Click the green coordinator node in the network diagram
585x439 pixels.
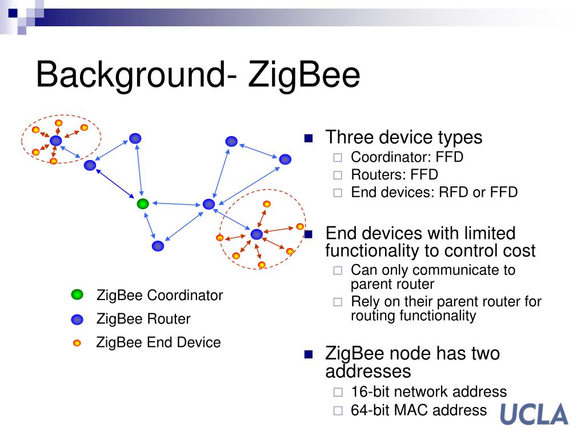click(143, 203)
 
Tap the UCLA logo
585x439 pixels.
click(534, 414)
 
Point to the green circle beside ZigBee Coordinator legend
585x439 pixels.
click(77, 295)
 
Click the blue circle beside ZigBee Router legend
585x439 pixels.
click(77, 319)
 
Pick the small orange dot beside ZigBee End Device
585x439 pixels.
click(77, 343)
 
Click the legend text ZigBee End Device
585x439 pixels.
click(158, 342)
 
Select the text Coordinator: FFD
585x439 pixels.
click(407, 157)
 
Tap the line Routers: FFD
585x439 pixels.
click(394, 174)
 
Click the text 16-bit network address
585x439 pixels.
click(428, 392)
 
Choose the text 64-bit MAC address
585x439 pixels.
click(419, 410)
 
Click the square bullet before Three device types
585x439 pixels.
click(309, 138)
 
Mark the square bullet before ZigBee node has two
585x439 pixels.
click(309, 354)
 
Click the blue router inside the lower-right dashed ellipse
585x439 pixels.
click(257, 234)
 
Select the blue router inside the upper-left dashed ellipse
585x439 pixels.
click(55, 141)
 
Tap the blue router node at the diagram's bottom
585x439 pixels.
click(158, 246)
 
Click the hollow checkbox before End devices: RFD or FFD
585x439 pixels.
click(337, 193)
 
